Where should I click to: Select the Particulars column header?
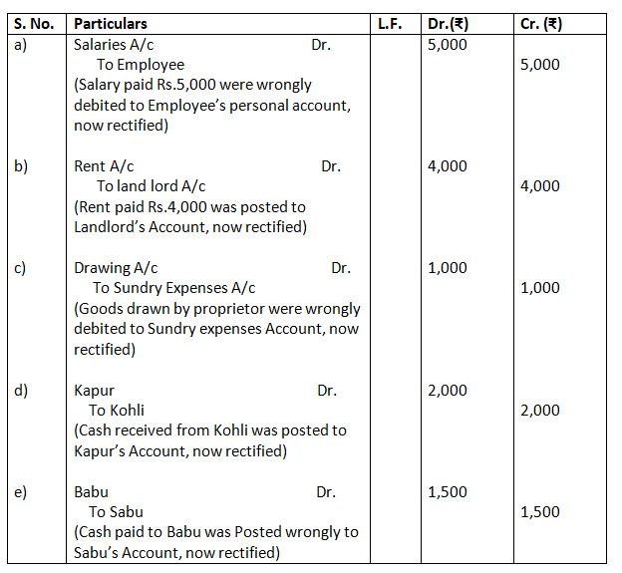click(x=111, y=23)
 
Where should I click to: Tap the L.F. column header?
click(x=390, y=23)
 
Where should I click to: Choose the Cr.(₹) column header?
click(x=541, y=23)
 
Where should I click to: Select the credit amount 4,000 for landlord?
click(x=540, y=186)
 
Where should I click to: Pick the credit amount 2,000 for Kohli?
click(x=540, y=411)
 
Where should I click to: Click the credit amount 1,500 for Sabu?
click(x=540, y=512)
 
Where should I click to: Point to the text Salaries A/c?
click(x=114, y=45)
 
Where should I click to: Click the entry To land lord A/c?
click(x=152, y=186)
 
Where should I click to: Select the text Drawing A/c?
click(x=116, y=268)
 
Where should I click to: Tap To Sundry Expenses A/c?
click(x=174, y=288)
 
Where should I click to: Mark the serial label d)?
click(x=21, y=391)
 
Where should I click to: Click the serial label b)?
click(x=21, y=166)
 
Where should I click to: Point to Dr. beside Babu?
click(x=326, y=492)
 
